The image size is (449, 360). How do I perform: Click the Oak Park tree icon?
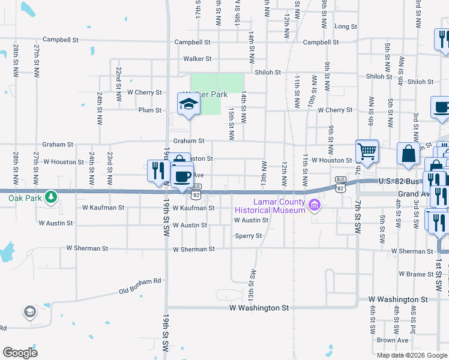point(52,196)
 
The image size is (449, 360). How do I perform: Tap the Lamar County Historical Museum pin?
point(313,206)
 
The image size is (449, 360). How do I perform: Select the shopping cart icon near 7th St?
point(366,151)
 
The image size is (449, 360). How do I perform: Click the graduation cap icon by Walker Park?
point(188,105)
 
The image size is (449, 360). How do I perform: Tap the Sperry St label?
point(249,236)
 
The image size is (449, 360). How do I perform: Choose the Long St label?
point(346,27)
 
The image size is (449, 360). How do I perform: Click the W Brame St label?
point(414,274)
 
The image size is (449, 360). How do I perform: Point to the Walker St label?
point(197,59)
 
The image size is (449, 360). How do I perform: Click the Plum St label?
point(149,110)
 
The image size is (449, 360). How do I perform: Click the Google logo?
point(20,352)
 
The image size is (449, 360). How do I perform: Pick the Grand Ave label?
point(413,194)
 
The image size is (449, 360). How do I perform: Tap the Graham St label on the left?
point(58,145)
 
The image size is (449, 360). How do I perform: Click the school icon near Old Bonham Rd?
point(30,312)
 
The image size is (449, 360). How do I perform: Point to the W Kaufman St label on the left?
point(103,208)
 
